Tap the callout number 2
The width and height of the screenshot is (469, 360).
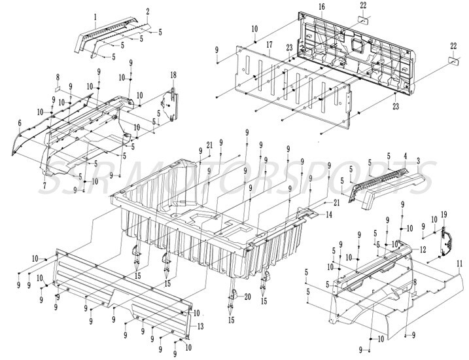148,12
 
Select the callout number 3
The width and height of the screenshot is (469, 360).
418,160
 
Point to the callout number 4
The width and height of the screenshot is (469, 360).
405,156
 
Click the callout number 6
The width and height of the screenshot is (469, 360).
20,122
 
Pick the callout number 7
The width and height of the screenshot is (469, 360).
44,186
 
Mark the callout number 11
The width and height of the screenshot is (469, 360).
459,263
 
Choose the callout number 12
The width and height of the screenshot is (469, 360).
423,249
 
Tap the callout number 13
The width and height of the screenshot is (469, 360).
200,326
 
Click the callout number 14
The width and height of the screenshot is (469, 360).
329,215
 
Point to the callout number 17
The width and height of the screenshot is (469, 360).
269,44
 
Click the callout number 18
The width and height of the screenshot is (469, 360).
173,73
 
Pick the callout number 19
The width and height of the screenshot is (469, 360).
443,214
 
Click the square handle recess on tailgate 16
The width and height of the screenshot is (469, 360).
358,45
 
